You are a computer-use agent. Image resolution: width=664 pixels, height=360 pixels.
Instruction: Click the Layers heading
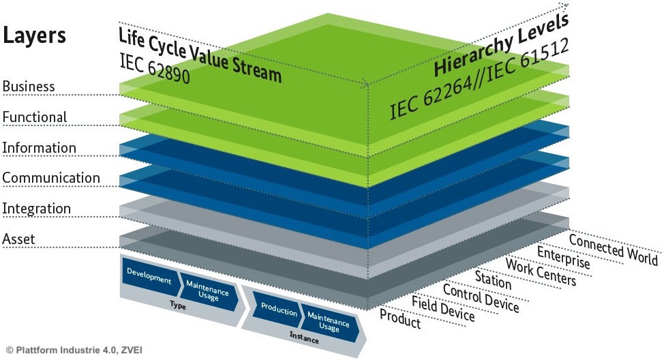pos(35,35)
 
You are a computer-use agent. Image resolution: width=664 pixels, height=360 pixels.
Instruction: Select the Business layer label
pos(28,87)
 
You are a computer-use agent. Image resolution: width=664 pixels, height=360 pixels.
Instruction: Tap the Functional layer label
pos(34,117)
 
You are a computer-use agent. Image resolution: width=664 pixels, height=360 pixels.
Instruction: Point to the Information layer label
pos(39,148)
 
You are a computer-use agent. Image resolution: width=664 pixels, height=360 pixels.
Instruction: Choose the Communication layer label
pos(51,178)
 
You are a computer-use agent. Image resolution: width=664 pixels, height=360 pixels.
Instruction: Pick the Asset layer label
pos(19,239)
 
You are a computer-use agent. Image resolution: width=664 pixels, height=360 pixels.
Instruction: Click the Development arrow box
pos(148,275)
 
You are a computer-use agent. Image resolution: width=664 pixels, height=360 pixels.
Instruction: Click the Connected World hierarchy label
pos(613,250)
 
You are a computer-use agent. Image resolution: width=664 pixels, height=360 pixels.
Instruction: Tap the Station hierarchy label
pos(492,280)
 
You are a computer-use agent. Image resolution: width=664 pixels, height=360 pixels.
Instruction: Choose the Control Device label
pos(481,297)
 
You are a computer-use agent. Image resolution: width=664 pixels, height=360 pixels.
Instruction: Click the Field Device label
pos(442,308)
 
